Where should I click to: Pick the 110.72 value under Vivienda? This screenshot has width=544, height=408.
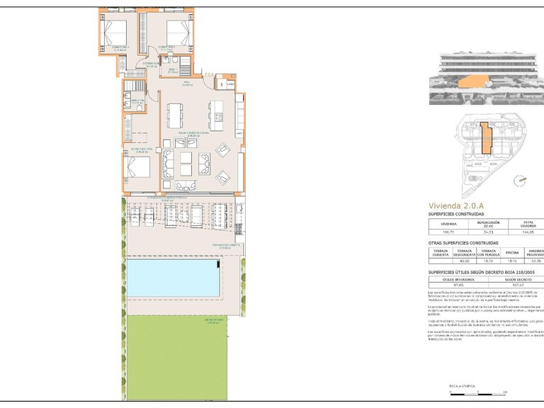[x=448, y=232]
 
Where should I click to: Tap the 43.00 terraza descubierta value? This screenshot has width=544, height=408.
[x=464, y=261]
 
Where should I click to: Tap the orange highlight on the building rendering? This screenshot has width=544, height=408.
[x=467, y=84]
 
